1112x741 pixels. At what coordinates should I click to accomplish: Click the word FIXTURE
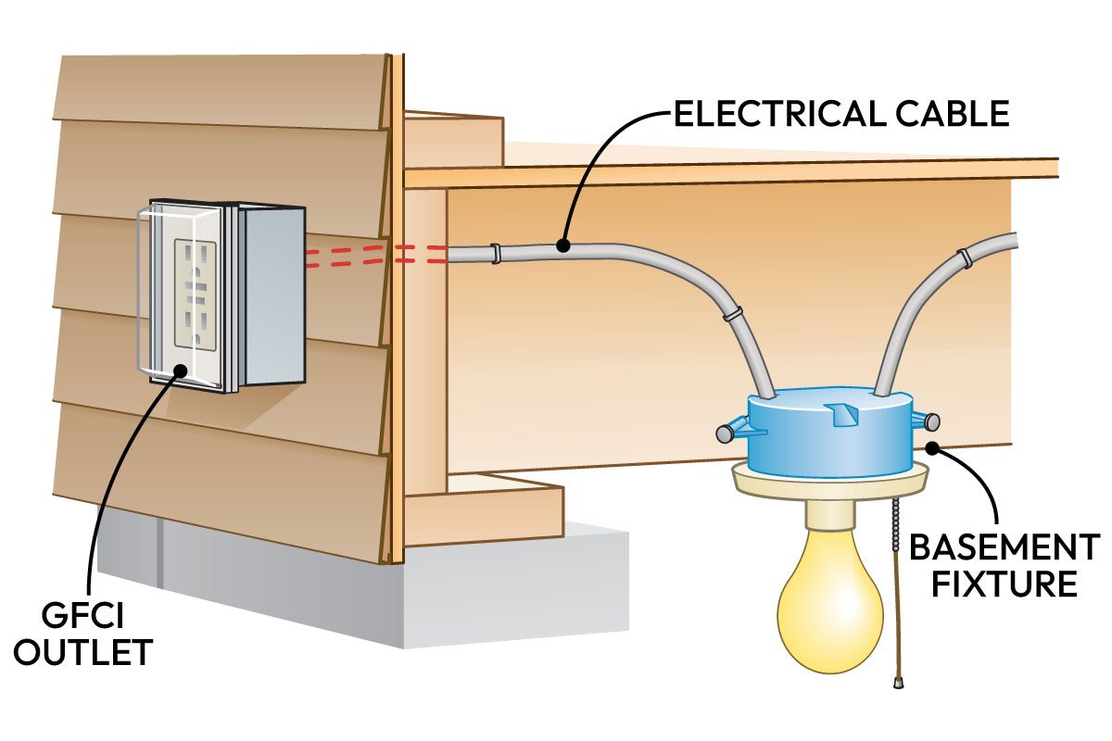[1005, 585]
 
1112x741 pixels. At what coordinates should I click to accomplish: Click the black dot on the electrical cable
[562, 245]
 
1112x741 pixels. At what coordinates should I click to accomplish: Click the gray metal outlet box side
[272, 296]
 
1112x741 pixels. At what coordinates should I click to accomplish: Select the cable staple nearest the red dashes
[495, 253]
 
